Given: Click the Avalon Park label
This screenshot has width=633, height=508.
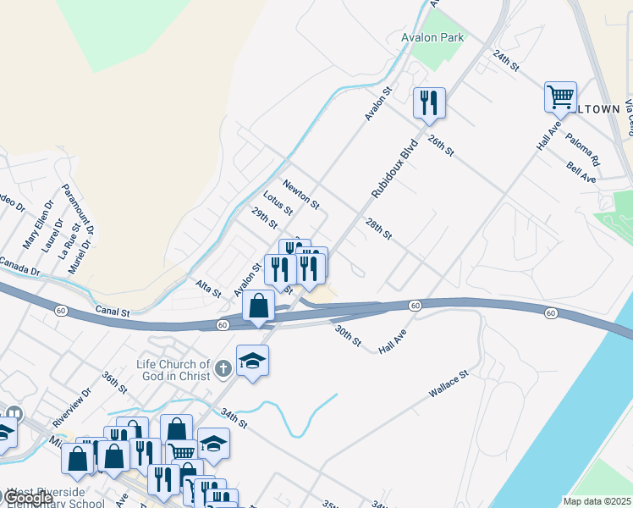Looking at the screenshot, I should click(432, 38).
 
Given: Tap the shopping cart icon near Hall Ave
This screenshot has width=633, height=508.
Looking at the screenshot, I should click(560, 97).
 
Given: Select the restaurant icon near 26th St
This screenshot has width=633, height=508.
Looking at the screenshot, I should click(429, 103).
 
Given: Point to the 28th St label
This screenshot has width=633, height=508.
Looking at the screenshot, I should click(379, 228).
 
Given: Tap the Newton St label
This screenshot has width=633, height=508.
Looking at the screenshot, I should click(300, 195).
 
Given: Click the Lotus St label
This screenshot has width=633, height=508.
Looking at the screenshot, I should click(278, 204).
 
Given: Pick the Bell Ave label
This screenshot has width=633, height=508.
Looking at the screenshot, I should click(581, 174).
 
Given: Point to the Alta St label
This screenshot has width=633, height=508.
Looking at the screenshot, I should click(207, 289).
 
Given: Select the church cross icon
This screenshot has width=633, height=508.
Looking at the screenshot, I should click(223, 367).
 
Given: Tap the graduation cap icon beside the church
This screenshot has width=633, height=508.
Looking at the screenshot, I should click(252, 361).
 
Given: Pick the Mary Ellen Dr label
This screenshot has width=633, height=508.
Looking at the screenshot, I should click(36, 230).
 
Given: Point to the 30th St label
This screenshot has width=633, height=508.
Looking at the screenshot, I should click(348, 336).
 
